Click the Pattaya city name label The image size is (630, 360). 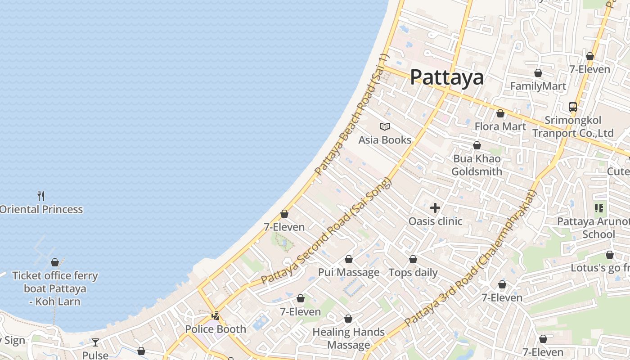(x=447, y=77)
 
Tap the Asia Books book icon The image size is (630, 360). (x=385, y=126)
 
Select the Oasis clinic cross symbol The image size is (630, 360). (x=435, y=208)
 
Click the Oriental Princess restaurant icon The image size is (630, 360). (x=41, y=196)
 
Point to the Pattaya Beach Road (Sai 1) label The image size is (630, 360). (x=351, y=115)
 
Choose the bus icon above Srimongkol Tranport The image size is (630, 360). (x=572, y=107)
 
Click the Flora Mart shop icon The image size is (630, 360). (x=500, y=113)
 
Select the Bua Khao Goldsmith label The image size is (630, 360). (x=477, y=165)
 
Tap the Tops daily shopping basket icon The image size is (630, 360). (x=413, y=259)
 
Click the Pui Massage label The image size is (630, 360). (x=349, y=272)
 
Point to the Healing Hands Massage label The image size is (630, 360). (x=349, y=338)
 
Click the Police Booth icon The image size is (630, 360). (x=216, y=316)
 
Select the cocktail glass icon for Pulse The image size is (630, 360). (x=95, y=342)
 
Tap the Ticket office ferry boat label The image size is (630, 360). (x=55, y=288)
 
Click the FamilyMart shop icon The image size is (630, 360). (x=538, y=73)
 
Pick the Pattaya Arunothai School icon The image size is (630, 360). (x=598, y=208)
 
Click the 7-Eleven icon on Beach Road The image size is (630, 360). (x=284, y=214)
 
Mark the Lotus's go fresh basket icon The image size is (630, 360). (x=609, y=255)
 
